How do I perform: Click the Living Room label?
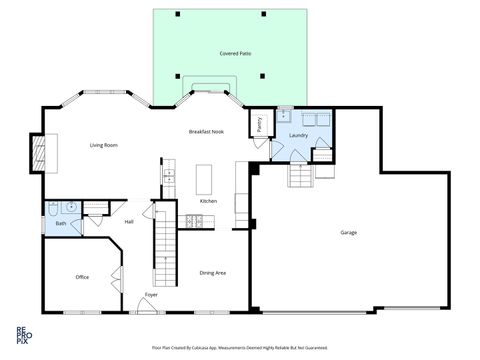point(104,146)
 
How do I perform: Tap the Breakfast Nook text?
point(205,132)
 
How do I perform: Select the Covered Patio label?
point(235,51)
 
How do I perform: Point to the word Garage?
point(348,232)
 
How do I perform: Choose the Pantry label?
point(260,124)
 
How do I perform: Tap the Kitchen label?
point(208,201)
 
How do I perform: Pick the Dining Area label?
point(212,272)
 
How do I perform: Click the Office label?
point(83,277)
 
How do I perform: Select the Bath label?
point(61,223)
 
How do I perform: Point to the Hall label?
point(129,222)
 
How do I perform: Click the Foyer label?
point(151,295)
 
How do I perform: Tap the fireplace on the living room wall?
point(40,153)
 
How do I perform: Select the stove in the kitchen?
point(193,221)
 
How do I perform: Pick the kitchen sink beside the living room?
point(169,176)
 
